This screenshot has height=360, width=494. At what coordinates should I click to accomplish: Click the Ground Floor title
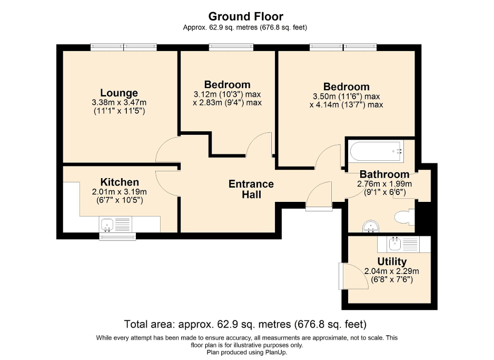tap(245, 16)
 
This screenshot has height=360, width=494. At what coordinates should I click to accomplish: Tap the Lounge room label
tap(120, 93)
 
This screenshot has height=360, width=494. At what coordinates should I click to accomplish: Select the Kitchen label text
tap(120, 182)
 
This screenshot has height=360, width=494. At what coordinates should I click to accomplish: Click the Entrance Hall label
tap(251, 189)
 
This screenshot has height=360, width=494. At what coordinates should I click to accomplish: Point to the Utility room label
tap(392, 262)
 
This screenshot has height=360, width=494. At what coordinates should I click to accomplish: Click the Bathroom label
tap(384, 174)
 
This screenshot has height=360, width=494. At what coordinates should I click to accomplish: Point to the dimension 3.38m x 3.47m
tap(120, 103)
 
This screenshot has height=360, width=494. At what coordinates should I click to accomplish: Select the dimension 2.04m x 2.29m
tap(392, 271)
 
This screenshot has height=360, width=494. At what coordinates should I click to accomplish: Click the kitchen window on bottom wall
tap(117, 237)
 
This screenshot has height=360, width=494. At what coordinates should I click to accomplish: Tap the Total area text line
tap(245, 323)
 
